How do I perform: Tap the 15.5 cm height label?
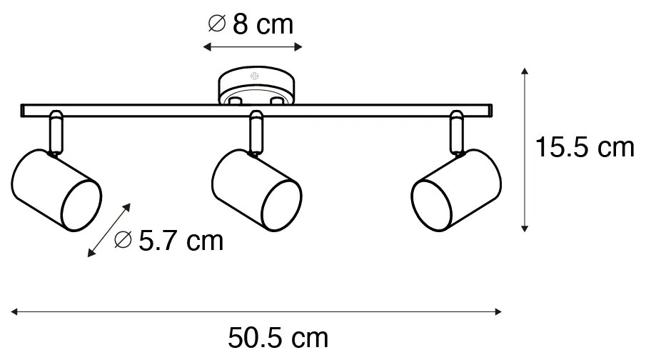[x=585, y=147]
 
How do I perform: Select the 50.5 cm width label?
[x=278, y=338]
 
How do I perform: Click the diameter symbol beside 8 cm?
[x=217, y=24]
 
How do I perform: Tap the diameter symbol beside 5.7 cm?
[x=123, y=239]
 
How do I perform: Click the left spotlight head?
[x=56, y=190]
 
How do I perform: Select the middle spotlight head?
[x=257, y=190]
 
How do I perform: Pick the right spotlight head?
[x=456, y=190]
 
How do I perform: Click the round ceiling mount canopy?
[x=256, y=85]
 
